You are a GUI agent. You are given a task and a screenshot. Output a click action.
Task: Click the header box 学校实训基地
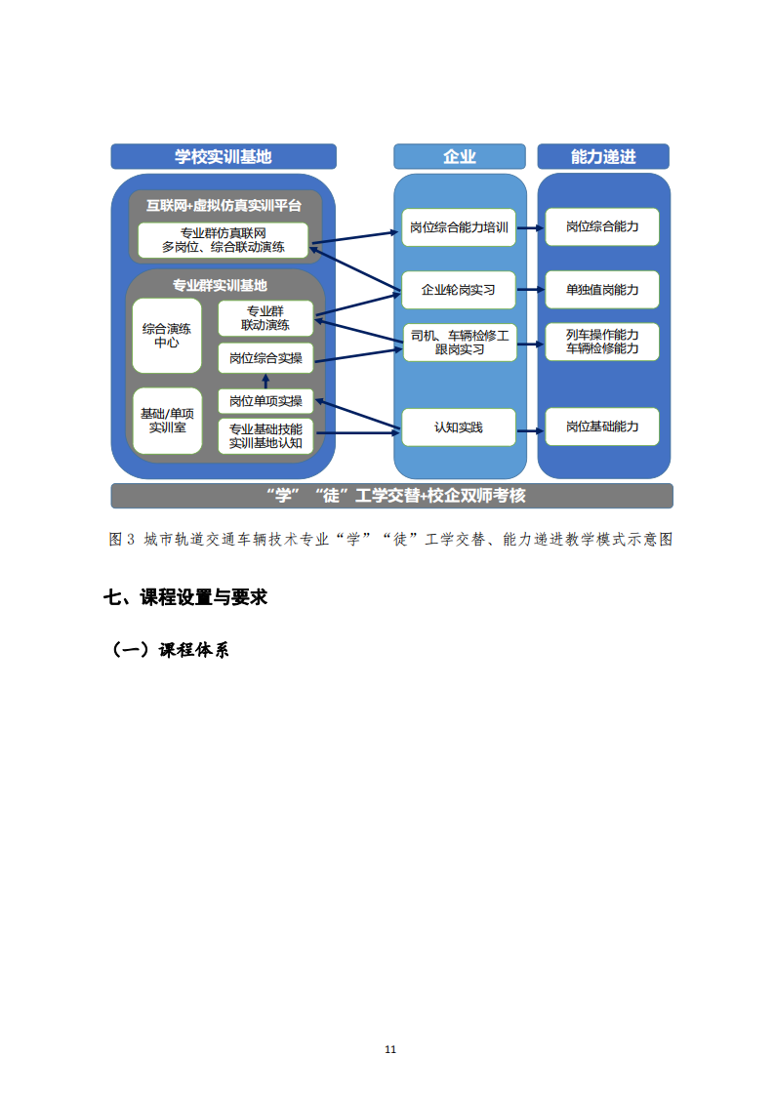(224, 156)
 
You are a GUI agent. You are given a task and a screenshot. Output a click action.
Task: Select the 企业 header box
(459, 156)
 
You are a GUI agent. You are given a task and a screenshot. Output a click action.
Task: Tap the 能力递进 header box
(603, 156)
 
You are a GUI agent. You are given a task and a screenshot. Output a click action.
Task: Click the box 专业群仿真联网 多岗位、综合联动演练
(224, 240)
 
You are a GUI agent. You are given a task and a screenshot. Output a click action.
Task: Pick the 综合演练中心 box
(167, 336)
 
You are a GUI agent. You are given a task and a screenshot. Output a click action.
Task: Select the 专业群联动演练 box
(265, 318)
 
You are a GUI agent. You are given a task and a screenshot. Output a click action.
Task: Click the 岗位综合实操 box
(265, 358)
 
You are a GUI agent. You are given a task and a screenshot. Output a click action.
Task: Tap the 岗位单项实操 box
(265, 401)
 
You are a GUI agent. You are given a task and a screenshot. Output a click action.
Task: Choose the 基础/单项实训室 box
(167, 421)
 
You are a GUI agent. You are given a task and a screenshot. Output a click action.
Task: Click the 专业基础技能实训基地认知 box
(265, 436)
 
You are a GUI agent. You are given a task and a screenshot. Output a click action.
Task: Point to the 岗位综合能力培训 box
(459, 227)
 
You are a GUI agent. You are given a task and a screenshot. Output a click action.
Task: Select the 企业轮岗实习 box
(459, 290)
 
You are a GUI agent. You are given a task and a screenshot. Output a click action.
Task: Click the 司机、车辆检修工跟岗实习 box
(460, 343)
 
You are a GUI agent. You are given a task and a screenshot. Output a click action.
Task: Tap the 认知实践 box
(459, 427)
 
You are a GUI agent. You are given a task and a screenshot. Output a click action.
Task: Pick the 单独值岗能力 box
(602, 290)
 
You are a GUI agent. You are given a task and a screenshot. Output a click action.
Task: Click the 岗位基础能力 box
(602, 426)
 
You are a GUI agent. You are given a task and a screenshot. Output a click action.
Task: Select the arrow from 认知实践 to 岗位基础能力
(530, 430)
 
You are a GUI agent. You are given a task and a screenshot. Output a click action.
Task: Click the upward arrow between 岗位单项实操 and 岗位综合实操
(265, 382)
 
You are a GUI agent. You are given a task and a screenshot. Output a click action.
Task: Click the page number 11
(390, 1049)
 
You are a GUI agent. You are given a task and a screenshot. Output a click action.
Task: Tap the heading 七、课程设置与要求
(185, 597)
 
